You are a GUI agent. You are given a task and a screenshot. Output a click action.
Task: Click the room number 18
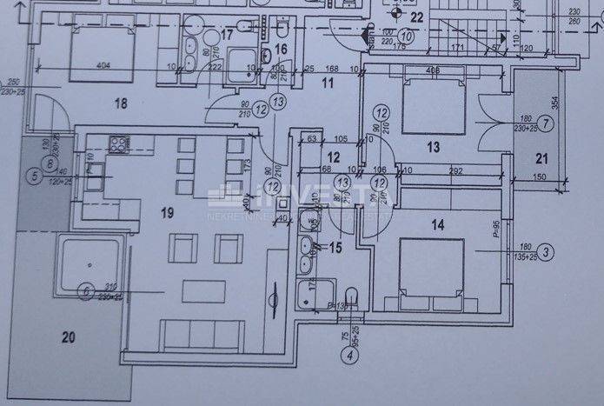click(x=120, y=103)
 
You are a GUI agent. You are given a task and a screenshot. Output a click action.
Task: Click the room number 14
click(x=437, y=225)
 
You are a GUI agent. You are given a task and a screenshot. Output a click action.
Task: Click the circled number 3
click(x=545, y=253)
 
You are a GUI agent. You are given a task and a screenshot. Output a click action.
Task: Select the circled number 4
click(x=351, y=354)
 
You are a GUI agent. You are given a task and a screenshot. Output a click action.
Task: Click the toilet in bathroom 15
click(x=351, y=296)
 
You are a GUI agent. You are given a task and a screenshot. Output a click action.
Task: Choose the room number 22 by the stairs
click(x=416, y=17)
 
